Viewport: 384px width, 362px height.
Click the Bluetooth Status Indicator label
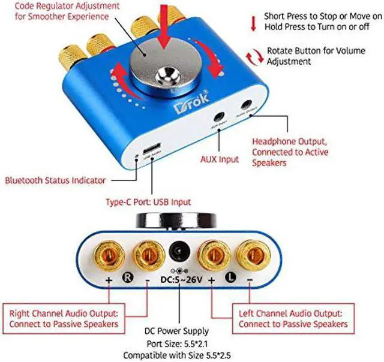55,180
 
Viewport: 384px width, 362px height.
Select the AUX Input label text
219,159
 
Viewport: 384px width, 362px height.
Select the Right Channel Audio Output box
64,318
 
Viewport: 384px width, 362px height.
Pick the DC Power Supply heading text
177,331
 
